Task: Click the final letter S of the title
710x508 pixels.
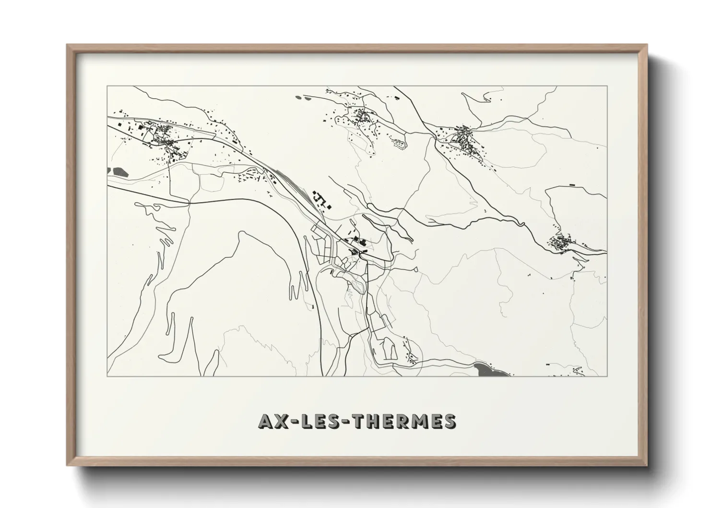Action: pyautogui.click(x=450, y=421)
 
